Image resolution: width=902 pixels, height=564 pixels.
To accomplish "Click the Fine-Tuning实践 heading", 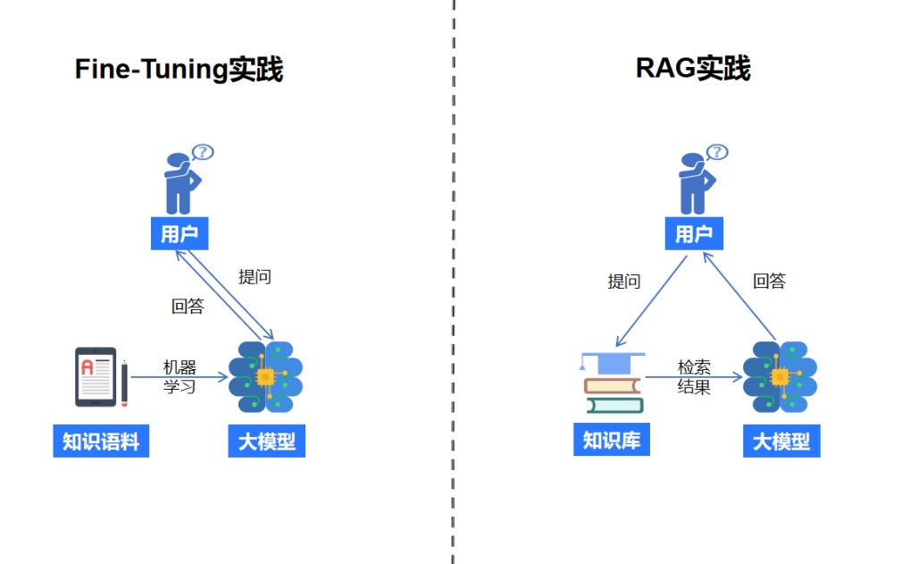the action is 179,69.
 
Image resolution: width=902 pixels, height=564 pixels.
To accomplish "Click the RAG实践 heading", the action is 693,68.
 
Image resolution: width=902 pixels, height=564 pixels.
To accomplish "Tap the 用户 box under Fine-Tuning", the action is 180,233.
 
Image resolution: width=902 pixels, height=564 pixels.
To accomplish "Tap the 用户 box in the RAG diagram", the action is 694,233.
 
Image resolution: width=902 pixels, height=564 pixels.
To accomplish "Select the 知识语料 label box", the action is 101,442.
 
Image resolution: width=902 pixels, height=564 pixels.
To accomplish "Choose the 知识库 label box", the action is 612,440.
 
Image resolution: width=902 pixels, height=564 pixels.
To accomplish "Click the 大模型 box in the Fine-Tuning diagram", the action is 267,442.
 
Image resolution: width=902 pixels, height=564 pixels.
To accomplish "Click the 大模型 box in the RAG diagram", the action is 781,442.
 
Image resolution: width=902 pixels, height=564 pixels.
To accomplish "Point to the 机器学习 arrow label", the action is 180,376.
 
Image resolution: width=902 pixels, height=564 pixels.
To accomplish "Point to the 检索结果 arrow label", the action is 694,376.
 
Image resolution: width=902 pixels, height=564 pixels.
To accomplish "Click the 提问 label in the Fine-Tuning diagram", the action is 255,277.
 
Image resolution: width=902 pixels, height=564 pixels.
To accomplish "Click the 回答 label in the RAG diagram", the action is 769,281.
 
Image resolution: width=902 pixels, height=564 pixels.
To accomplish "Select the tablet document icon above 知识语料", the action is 96,377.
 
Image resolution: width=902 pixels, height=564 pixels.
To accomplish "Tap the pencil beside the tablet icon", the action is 124,383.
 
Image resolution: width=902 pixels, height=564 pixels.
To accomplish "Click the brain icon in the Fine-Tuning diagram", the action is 266,377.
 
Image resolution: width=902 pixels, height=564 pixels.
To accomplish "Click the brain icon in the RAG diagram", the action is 780,377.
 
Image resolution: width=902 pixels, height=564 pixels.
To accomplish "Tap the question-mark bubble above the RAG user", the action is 717,152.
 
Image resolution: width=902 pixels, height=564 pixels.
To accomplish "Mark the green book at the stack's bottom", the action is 615,406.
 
